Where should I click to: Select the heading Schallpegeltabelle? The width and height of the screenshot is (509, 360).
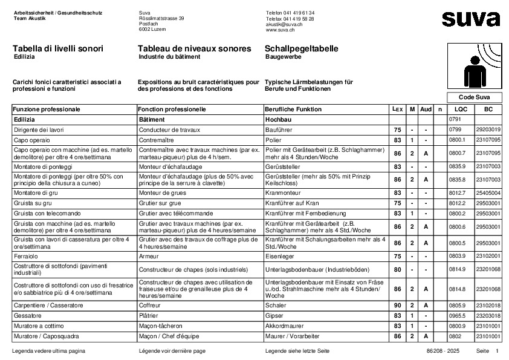tap(302, 48)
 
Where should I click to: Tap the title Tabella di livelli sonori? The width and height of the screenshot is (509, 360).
tap(57, 48)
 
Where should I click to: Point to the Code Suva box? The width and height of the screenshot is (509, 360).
tap(474, 97)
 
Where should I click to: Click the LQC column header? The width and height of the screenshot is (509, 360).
tap(461, 110)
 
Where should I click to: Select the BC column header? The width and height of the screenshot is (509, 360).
tap(488, 110)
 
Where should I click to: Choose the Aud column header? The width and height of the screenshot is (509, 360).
tap(426, 110)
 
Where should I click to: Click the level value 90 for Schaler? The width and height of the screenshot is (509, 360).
tap(397, 306)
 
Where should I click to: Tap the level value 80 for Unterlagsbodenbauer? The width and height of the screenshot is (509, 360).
tap(397, 269)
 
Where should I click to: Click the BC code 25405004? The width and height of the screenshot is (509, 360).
tap(488, 192)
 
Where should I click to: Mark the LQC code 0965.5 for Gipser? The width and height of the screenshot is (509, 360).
tap(458, 316)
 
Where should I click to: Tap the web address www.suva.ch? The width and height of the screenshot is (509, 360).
tap(279, 29)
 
